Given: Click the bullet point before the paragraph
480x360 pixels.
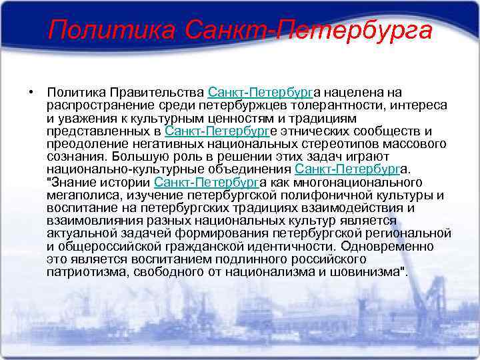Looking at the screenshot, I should [31, 91].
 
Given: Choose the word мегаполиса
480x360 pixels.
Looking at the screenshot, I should [77, 194].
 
